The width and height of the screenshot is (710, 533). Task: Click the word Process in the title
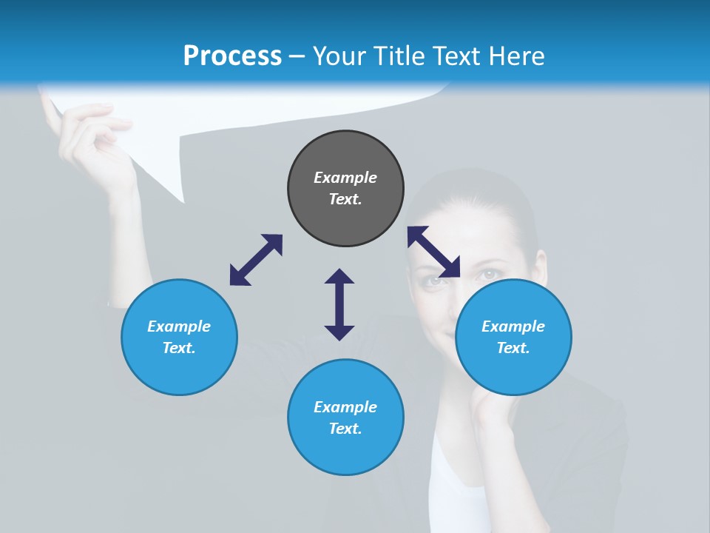pyautogui.click(x=232, y=56)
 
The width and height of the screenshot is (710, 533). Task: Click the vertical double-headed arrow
pyautogui.click(x=339, y=304)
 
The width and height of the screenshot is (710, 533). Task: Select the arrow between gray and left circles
pyautogui.click(x=256, y=260)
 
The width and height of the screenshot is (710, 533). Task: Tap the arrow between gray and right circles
pyautogui.click(x=434, y=252)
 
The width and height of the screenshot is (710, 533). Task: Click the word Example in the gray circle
pyautogui.click(x=345, y=178)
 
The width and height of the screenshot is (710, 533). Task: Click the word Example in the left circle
pyautogui.click(x=179, y=326)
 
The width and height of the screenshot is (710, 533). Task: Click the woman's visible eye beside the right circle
pyautogui.click(x=490, y=275)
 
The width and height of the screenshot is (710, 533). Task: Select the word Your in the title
pyautogui.click(x=339, y=56)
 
